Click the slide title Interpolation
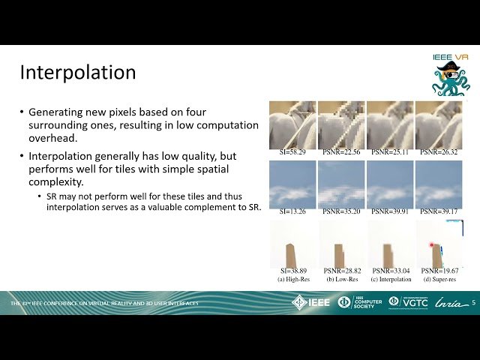coord(78,72)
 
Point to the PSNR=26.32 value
coord(439,152)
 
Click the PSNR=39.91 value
coord(391,212)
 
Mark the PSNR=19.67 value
coord(440,271)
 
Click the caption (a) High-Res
coord(292,279)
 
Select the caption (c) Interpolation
coord(391,279)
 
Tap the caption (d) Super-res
coord(439,279)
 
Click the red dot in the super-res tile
coord(432,245)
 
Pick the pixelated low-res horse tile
coord(341,124)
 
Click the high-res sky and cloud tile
coord(292,184)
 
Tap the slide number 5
coord(473,302)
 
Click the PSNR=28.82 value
coord(341,271)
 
